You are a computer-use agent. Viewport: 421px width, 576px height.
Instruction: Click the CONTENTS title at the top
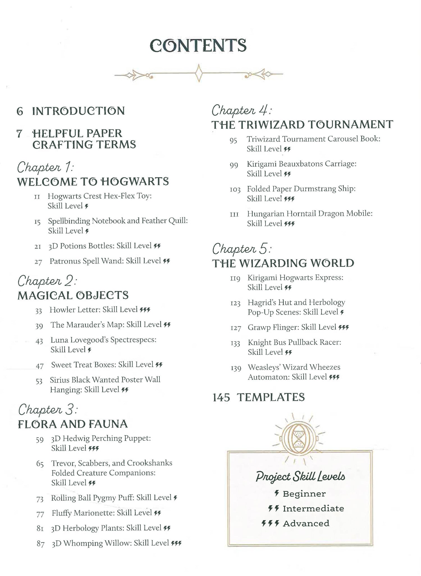click(198, 46)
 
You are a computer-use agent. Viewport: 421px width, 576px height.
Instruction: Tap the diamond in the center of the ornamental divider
click(199, 73)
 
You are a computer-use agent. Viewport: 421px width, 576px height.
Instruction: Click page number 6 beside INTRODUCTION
click(20, 111)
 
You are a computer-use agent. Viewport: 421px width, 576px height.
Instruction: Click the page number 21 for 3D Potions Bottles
click(38, 247)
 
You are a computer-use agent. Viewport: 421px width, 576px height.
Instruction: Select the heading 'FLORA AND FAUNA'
click(73, 424)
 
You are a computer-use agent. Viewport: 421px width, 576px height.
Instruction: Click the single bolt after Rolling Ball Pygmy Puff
click(175, 498)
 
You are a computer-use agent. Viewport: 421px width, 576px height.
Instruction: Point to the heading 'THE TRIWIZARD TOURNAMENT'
click(302, 124)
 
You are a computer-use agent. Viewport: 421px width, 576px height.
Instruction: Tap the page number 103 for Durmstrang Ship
click(235, 190)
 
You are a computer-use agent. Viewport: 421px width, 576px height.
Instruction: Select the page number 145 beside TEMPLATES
click(221, 397)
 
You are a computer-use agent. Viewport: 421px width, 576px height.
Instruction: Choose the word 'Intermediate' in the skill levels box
click(313, 509)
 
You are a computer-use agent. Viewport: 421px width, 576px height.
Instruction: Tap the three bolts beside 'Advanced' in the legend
click(270, 523)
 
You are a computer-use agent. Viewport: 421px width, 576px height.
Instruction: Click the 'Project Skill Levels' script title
click(300, 476)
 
